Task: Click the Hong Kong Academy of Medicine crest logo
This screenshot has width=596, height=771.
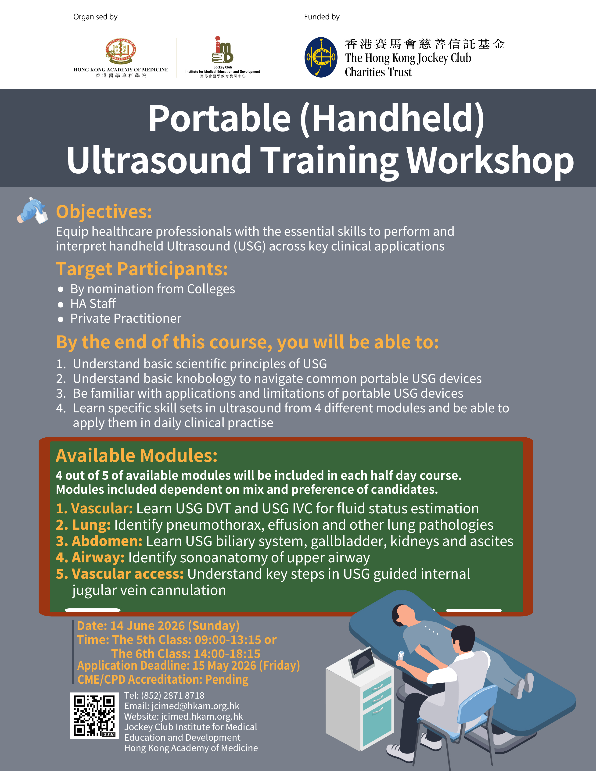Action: [121, 51]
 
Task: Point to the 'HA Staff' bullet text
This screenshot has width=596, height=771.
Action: [93, 303]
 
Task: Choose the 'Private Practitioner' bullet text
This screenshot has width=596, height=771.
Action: [126, 318]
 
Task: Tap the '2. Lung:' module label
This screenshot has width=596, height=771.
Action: [83, 525]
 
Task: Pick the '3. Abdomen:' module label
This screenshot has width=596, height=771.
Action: [99, 541]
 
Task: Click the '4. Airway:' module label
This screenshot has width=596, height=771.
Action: [90, 558]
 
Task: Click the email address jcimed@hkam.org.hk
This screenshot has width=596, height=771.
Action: [195, 706]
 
